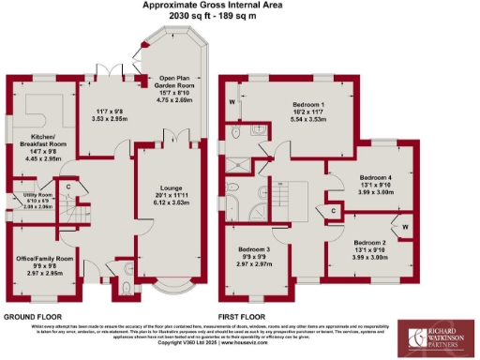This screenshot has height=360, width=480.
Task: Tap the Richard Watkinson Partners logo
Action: coord(436,337)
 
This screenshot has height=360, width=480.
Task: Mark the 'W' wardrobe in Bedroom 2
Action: coord(406,226)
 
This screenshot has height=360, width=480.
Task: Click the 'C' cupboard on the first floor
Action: coord(336,211)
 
